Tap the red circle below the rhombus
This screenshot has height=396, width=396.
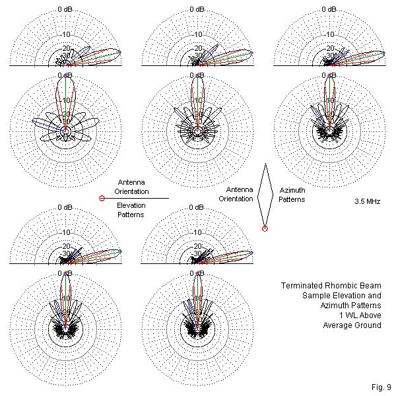(265, 229)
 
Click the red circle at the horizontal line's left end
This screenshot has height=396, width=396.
(102, 198)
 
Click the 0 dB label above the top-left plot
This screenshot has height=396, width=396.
(65, 9)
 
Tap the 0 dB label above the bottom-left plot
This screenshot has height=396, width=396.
(65, 207)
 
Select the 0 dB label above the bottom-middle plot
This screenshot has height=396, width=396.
(197, 207)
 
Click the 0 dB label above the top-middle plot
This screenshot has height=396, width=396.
(197, 9)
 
